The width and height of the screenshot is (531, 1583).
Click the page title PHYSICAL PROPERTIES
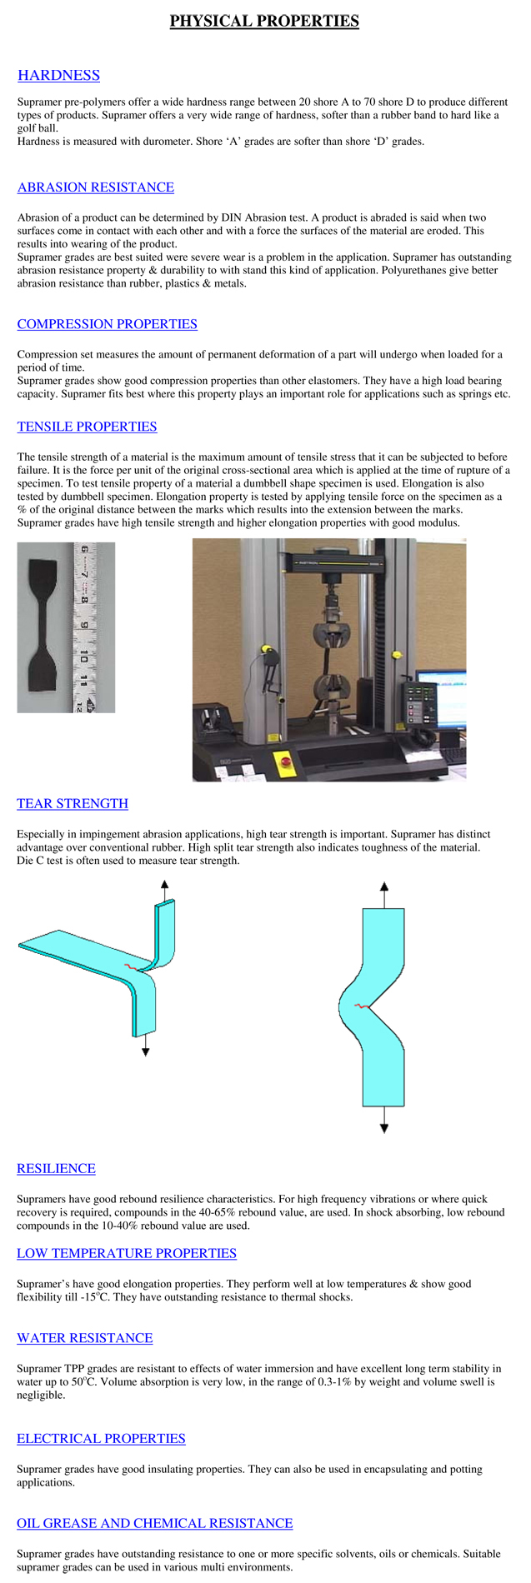click(264, 21)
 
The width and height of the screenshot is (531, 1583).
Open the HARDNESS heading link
click(58, 76)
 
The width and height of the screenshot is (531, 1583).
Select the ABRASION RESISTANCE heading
click(96, 187)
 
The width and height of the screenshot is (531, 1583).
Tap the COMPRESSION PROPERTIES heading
click(108, 324)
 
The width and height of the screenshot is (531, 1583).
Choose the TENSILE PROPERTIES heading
click(88, 427)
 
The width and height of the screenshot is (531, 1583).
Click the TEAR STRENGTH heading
click(73, 804)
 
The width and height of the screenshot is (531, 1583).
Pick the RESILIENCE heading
click(56, 1169)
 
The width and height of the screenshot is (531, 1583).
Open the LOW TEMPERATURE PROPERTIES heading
click(127, 1254)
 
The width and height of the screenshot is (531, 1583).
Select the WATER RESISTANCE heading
click(85, 1339)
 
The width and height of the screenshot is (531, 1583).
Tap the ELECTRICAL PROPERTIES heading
click(101, 1439)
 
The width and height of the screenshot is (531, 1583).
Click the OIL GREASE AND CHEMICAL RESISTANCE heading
click(155, 1524)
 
